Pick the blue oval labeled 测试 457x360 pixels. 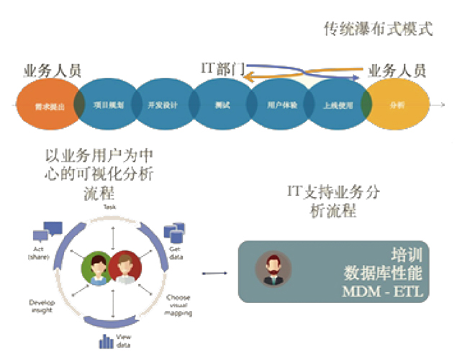[222, 105]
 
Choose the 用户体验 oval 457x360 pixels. [279, 105]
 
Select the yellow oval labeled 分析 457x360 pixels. [397, 105]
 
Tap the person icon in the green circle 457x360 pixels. [98, 266]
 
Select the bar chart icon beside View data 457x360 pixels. [107, 339]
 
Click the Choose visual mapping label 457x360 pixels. [178, 305]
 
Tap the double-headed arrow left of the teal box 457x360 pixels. [211, 273]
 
